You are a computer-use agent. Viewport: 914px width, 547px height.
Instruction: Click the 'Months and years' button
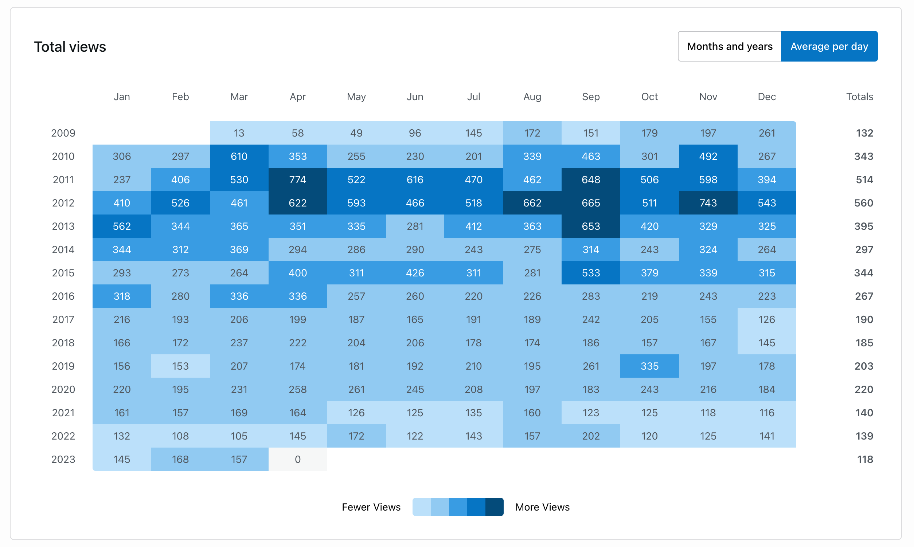pyautogui.click(x=729, y=47)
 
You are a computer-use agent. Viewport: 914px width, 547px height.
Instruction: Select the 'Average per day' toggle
pyautogui.click(x=829, y=47)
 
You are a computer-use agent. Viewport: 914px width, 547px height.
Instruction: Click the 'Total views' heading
pyautogui.click(x=70, y=47)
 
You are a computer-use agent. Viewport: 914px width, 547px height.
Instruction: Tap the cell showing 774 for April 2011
pyautogui.click(x=298, y=180)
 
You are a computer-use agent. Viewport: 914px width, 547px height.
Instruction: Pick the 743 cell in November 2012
pyautogui.click(x=708, y=203)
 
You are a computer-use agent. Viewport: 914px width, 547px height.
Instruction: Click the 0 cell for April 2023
pyautogui.click(x=298, y=459)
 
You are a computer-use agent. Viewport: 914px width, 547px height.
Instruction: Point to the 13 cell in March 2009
pyautogui.click(x=239, y=133)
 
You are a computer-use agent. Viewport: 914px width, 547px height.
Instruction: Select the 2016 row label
pyautogui.click(x=63, y=296)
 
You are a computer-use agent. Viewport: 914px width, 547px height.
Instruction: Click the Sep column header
pyautogui.click(x=590, y=97)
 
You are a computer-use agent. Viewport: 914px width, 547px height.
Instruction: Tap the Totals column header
pyautogui.click(x=859, y=97)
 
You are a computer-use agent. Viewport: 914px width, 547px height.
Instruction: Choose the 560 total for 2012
pyautogui.click(x=863, y=203)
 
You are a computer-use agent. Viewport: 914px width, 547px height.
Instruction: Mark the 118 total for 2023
pyautogui.click(x=864, y=459)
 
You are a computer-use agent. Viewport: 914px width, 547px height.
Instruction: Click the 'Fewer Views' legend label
pyautogui.click(x=371, y=507)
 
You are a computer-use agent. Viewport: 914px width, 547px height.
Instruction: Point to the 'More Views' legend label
pyautogui.click(x=542, y=507)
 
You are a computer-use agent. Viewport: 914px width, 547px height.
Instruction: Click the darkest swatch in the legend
pyautogui.click(x=494, y=507)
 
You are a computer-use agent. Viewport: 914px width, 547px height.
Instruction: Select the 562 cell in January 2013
pyautogui.click(x=122, y=226)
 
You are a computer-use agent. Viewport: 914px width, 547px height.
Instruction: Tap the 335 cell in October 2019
pyautogui.click(x=649, y=366)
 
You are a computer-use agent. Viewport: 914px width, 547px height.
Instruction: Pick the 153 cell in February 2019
pyautogui.click(x=180, y=366)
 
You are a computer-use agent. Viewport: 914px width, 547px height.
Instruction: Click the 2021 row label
pyautogui.click(x=63, y=413)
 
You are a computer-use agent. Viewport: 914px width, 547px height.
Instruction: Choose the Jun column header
pyautogui.click(x=415, y=97)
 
